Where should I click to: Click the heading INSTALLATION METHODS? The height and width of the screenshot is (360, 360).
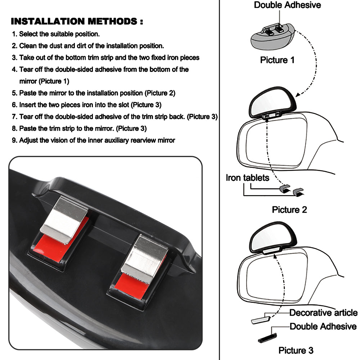click(x=77, y=21)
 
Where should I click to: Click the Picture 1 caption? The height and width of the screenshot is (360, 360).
click(x=277, y=60)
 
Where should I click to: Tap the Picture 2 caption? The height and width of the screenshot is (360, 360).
click(x=289, y=210)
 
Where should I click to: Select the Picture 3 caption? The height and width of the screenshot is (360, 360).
click(x=296, y=350)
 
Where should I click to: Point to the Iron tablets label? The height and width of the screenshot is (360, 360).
click(x=247, y=177)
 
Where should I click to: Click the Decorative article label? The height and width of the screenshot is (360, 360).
click(x=323, y=312)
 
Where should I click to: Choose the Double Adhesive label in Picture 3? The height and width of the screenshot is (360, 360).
click(x=323, y=326)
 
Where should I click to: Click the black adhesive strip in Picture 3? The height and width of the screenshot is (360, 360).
click(x=267, y=338)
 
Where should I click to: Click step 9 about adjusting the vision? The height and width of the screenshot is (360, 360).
click(x=94, y=140)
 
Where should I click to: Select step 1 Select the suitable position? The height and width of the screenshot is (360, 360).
click(x=56, y=34)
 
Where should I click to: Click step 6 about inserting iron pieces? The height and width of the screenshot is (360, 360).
click(x=87, y=105)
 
